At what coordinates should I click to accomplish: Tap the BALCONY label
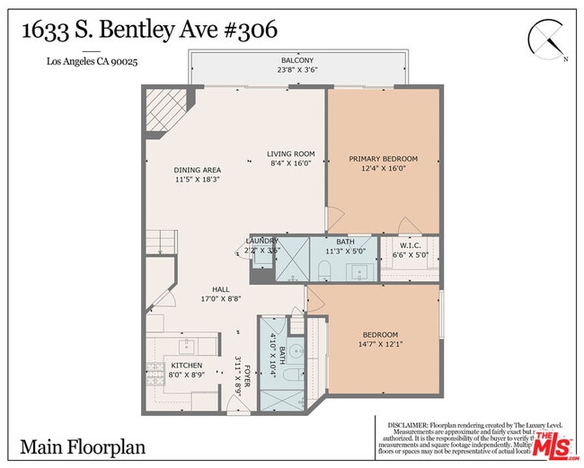point(296,61)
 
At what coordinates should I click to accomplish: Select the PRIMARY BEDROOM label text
point(384,159)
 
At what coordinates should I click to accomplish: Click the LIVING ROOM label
point(291,155)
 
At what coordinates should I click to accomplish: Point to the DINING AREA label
point(198,170)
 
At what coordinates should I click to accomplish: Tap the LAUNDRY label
point(263,241)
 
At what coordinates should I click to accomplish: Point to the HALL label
point(220,289)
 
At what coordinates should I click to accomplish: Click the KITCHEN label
point(187,366)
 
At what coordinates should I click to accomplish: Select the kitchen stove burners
point(155,373)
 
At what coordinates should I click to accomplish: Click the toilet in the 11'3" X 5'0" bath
point(327,269)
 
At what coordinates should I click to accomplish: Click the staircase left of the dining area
point(160,241)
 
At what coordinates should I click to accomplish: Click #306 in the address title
point(244,29)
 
